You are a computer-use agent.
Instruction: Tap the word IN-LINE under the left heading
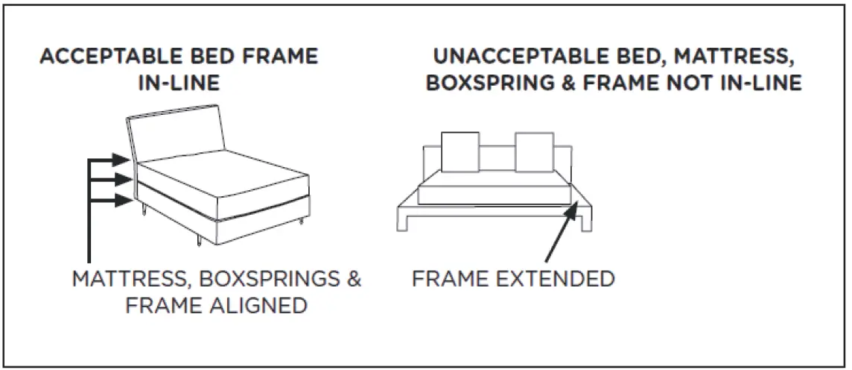pyautogui.click(x=179, y=83)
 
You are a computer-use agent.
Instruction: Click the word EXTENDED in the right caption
pyautogui.click(x=556, y=280)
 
